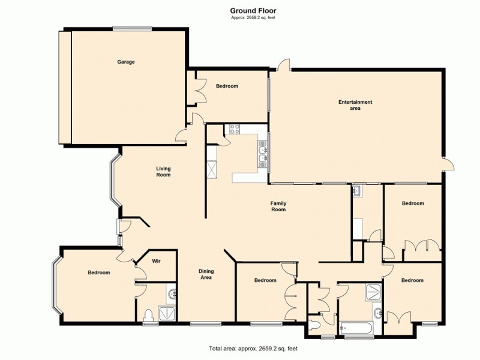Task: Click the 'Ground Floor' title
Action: (x=253, y=10)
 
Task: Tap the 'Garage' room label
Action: (x=125, y=62)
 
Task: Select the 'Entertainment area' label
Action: (x=355, y=105)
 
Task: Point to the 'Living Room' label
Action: (x=163, y=172)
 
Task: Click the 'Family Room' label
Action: (x=278, y=206)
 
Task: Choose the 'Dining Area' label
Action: (x=206, y=274)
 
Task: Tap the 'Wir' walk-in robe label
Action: (x=156, y=261)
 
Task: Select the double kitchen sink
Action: (x=263, y=154)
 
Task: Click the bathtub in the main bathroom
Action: (x=356, y=328)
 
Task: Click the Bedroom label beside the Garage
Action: (x=227, y=86)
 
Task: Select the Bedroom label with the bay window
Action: (x=99, y=272)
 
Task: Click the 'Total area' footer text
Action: (x=253, y=348)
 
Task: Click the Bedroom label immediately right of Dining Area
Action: (x=265, y=280)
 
